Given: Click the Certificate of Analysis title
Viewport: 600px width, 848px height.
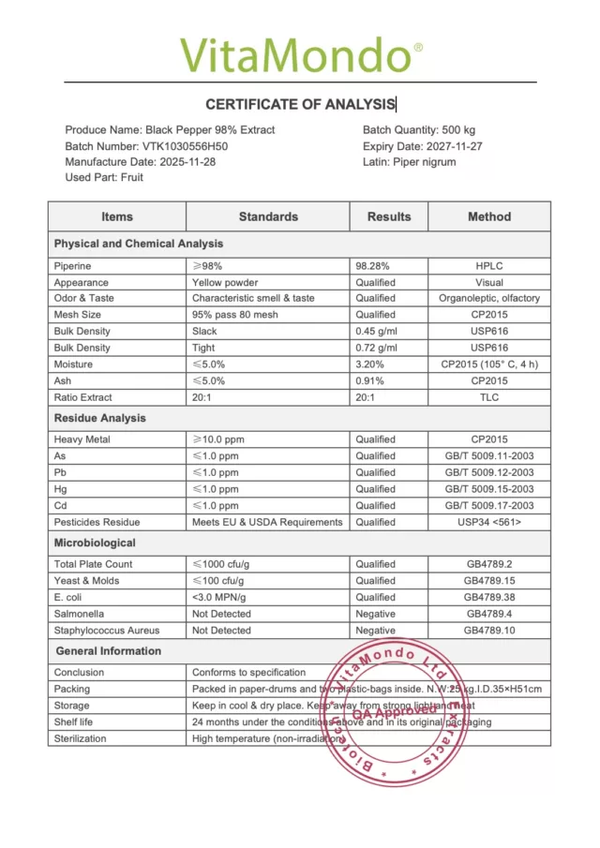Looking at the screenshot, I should tap(300, 104).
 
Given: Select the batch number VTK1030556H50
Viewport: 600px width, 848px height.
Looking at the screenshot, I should tap(186, 146).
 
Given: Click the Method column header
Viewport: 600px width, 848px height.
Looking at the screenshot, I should tap(489, 216).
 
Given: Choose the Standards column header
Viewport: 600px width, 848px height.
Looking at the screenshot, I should tap(268, 216).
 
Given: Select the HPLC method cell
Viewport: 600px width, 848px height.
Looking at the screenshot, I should tap(489, 266).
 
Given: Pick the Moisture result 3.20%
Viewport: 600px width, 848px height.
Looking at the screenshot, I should tap(371, 364).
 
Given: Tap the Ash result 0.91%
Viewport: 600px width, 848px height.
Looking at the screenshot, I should tap(371, 380).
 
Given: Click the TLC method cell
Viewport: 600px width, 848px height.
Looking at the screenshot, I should tap(489, 397).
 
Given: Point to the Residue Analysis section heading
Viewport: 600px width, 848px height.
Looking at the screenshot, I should tap(99, 418).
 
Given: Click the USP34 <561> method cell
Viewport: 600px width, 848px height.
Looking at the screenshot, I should tap(489, 522).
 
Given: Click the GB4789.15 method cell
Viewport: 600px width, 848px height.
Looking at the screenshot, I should tap(489, 581).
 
